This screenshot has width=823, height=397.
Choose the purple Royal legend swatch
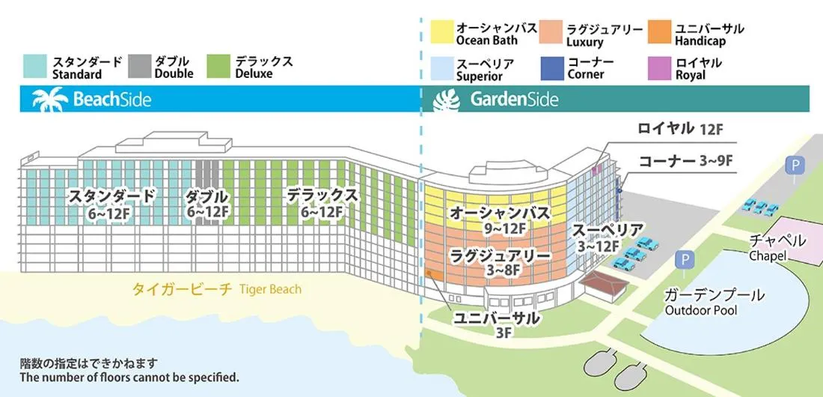658,68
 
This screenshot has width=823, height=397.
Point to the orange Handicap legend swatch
658,34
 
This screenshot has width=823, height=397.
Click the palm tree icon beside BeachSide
50,99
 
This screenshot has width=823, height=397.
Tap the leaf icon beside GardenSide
450,99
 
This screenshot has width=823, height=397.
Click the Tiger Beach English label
270,289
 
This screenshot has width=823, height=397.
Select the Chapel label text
767,256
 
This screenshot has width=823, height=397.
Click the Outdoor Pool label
700,310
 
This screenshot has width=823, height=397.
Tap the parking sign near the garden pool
682,259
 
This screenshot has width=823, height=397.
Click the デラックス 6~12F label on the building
322,203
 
